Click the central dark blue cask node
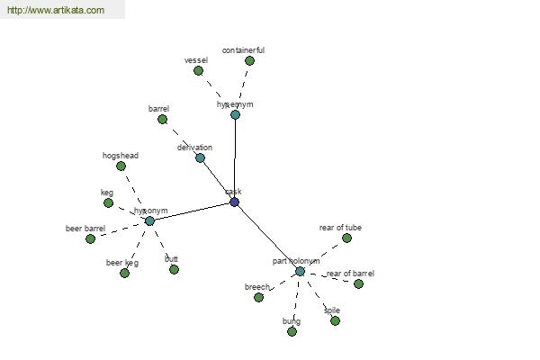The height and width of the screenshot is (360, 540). (x=234, y=202)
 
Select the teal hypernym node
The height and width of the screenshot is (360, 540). (x=235, y=114)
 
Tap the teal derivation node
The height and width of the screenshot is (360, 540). (x=200, y=157)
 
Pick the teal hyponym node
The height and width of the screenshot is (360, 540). (x=149, y=220)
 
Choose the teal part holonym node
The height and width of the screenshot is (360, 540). (x=300, y=271)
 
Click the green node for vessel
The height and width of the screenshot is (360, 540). (x=198, y=70)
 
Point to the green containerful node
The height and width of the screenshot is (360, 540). (x=249, y=60)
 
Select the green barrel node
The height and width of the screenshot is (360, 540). (x=162, y=119)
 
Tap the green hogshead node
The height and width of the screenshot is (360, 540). (x=121, y=166)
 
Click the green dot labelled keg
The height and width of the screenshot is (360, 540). (x=108, y=202)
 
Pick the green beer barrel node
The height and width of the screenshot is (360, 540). (x=90, y=238)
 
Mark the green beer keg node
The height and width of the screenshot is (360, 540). (x=124, y=273)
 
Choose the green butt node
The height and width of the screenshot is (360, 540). (x=174, y=269)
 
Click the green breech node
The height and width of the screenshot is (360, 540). (x=258, y=297)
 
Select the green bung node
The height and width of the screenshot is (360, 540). (x=292, y=331)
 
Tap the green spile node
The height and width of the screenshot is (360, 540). (x=335, y=320)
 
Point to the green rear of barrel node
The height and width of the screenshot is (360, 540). (x=358, y=283)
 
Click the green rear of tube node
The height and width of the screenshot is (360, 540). (x=346, y=238)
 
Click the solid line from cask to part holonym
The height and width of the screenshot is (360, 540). (x=267, y=237)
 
